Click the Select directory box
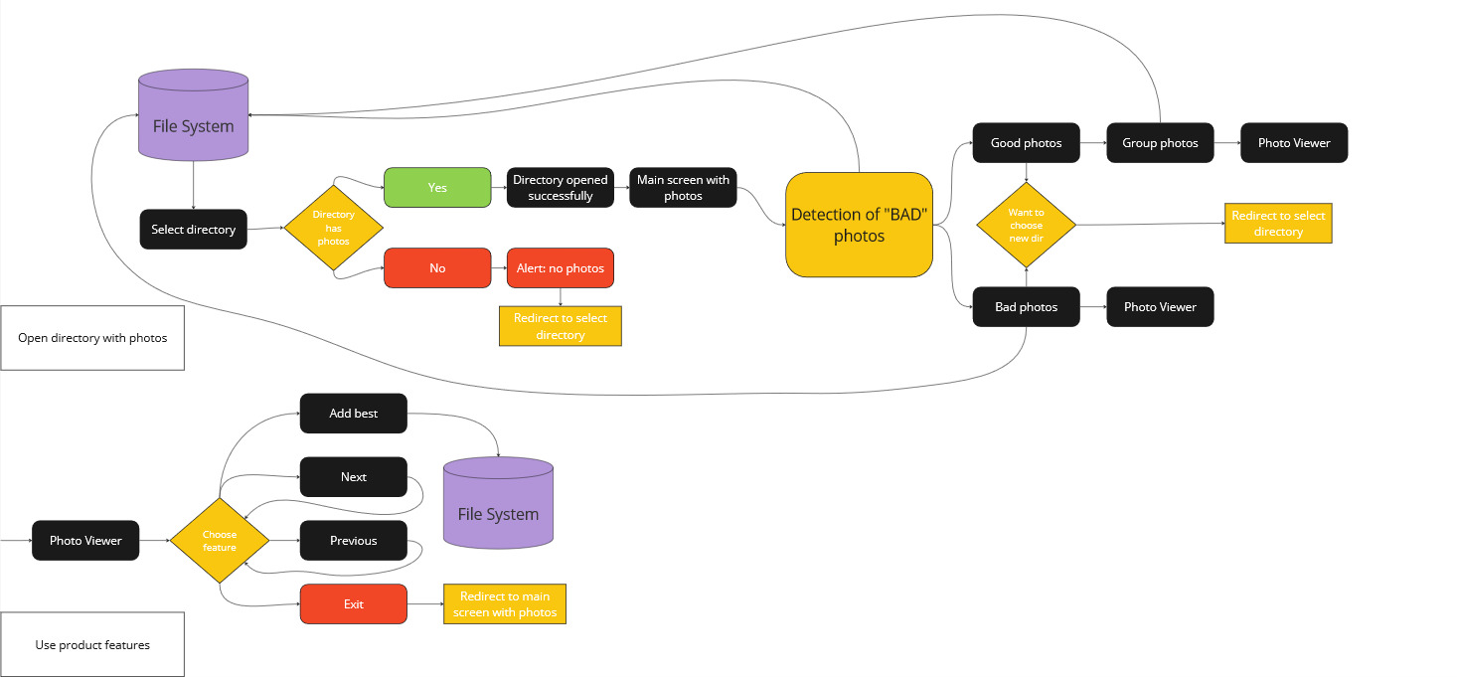[193, 230]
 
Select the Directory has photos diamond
[333, 229]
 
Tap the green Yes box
[437, 188]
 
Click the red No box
[437, 268]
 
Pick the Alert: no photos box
[560, 268]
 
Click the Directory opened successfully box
[560, 188]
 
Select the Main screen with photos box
[683, 188]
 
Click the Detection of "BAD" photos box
[859, 225]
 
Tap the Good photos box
[1026, 143]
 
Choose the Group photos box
[1160, 143]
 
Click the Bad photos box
[1026, 307]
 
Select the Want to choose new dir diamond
[1026, 226]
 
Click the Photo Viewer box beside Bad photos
[1160, 307]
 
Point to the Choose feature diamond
[220, 541]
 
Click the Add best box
[353, 414]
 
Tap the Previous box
[353, 541]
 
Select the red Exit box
[353, 604]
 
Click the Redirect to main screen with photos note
[505, 604]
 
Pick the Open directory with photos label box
[92, 338]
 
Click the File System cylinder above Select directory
[193, 116]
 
